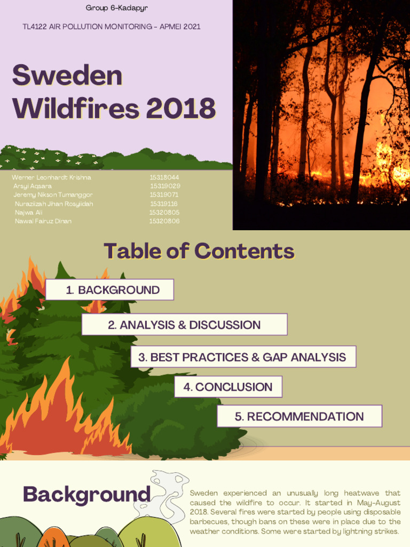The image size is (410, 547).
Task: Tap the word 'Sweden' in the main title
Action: (x=67, y=76)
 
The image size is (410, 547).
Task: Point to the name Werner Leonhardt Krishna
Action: (x=51, y=177)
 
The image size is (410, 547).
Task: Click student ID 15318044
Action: (x=164, y=177)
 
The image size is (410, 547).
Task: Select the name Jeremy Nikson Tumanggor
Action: (x=53, y=195)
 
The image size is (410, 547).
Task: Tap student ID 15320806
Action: (x=164, y=221)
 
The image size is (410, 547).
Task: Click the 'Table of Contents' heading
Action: (x=199, y=251)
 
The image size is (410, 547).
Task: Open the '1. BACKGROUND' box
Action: (x=110, y=290)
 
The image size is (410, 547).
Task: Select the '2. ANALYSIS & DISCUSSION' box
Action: (x=184, y=325)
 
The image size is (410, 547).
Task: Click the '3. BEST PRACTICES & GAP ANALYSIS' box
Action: (x=243, y=357)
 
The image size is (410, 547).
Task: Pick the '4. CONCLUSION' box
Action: (x=228, y=387)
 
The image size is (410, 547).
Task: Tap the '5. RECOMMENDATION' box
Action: (x=299, y=417)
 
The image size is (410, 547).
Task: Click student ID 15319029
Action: (x=165, y=186)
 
